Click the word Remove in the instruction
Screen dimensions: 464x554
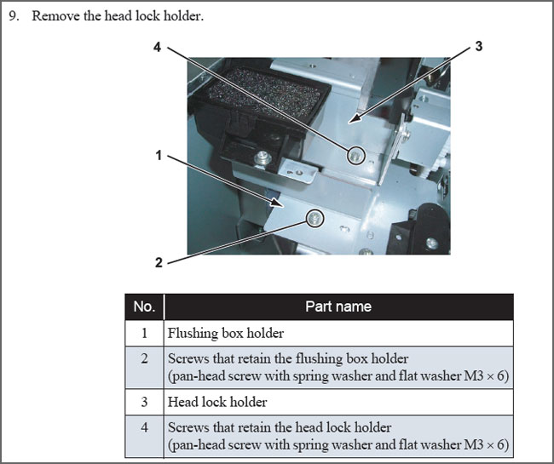[53, 17]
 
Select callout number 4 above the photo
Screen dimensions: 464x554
[157, 48]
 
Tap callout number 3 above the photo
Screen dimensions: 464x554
[479, 46]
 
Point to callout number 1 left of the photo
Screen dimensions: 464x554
[159, 156]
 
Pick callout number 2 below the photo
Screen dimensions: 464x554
[159, 263]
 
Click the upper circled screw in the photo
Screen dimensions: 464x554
[355, 155]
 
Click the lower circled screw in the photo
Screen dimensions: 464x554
[315, 220]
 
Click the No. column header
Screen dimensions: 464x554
[144, 306]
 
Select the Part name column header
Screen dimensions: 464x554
[338, 306]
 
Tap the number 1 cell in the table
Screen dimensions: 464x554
[144, 333]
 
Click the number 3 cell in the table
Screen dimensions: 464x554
[144, 402]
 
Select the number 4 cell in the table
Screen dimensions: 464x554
[144, 436]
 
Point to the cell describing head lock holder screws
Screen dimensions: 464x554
[338, 436]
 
